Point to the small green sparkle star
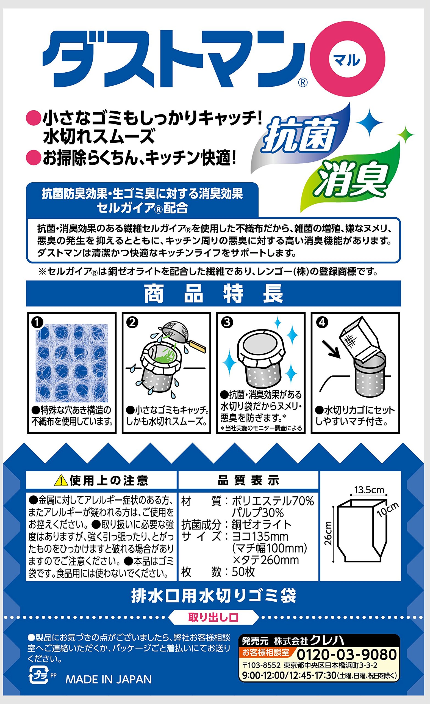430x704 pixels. [405, 134]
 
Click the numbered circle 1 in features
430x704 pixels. [37, 323]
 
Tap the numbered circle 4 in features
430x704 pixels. [322, 322]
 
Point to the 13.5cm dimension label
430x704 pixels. [369, 490]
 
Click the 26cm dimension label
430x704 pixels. [328, 533]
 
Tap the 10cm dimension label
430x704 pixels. [388, 510]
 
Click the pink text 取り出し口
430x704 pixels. [213, 618]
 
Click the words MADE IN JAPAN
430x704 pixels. [109, 680]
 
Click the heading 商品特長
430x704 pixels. [213, 293]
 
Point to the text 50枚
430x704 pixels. [243, 572]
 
